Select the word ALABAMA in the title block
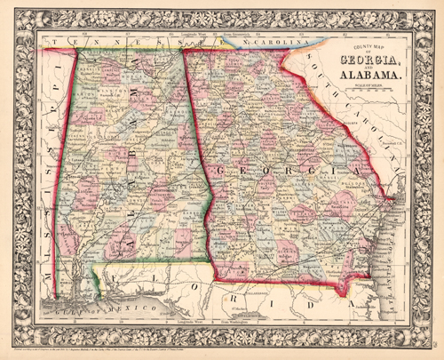coord(372,75)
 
